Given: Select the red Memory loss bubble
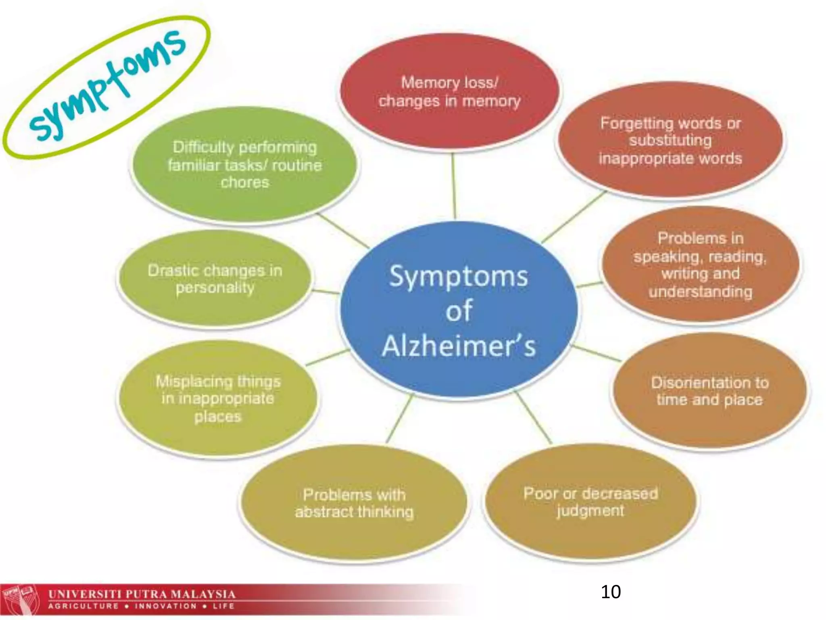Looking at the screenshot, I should tap(449, 92).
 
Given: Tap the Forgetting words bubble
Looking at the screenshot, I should tap(670, 140).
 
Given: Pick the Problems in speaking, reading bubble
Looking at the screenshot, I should tap(701, 265).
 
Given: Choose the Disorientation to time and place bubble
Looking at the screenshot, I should tap(710, 391).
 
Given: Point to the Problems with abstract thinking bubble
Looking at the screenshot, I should tap(354, 503).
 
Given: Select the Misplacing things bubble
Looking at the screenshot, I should tap(218, 399).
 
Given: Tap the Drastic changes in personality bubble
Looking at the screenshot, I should tap(215, 279).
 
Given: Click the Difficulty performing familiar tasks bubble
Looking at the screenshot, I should tap(244, 165).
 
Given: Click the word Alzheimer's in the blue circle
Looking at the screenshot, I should tap(459, 346).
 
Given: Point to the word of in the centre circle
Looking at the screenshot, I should tap(459, 311).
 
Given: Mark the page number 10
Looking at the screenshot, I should tap(611, 592).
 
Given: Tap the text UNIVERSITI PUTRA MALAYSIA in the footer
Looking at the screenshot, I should tap(142, 594).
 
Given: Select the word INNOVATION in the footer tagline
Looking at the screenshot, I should tap(166, 606).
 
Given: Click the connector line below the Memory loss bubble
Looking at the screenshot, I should tap(454, 186).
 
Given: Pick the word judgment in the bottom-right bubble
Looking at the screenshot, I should tap(590, 511).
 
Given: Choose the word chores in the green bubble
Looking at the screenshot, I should tap(245, 182).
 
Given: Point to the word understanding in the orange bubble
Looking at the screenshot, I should tap(701, 291).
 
